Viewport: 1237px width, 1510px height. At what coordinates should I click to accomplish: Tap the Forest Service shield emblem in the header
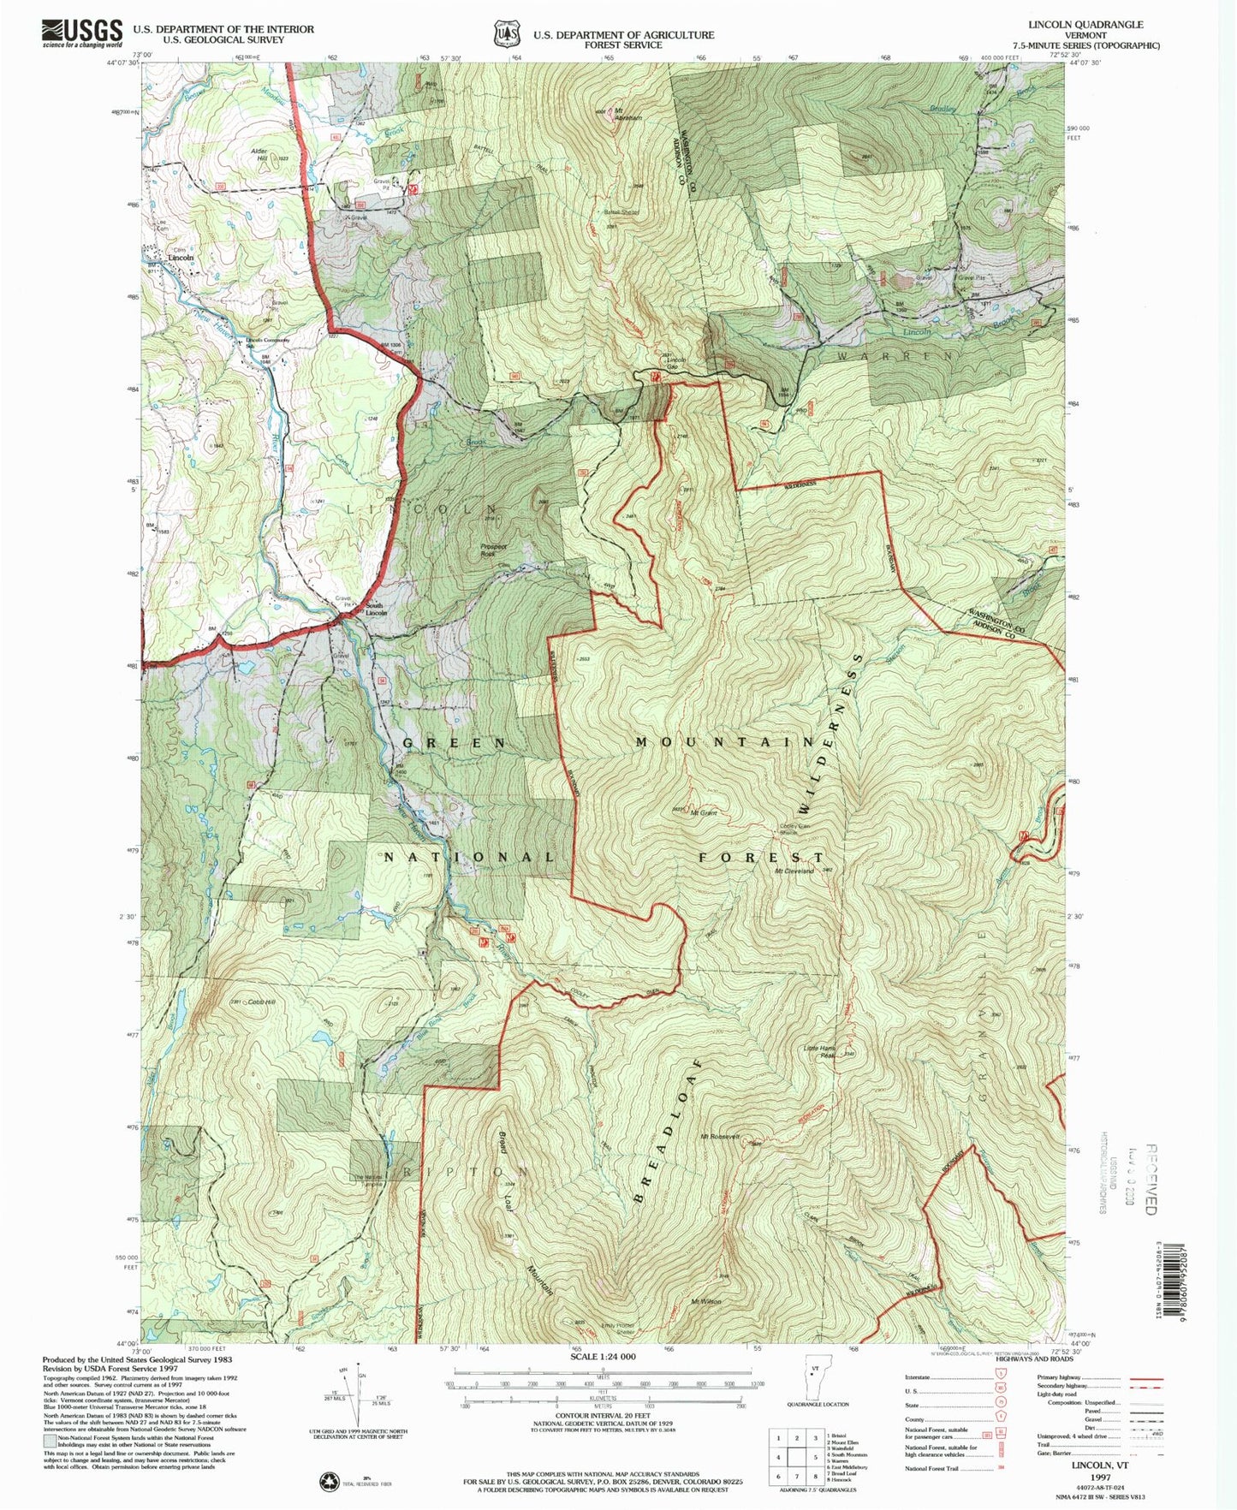pos(506,33)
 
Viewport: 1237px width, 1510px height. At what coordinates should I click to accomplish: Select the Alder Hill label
pos(259,154)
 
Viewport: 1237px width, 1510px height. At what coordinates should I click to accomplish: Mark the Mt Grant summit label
pos(704,812)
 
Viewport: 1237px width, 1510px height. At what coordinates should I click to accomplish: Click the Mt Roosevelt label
pos(719,1136)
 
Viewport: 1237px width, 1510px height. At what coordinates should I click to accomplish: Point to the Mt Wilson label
pos(706,1302)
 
